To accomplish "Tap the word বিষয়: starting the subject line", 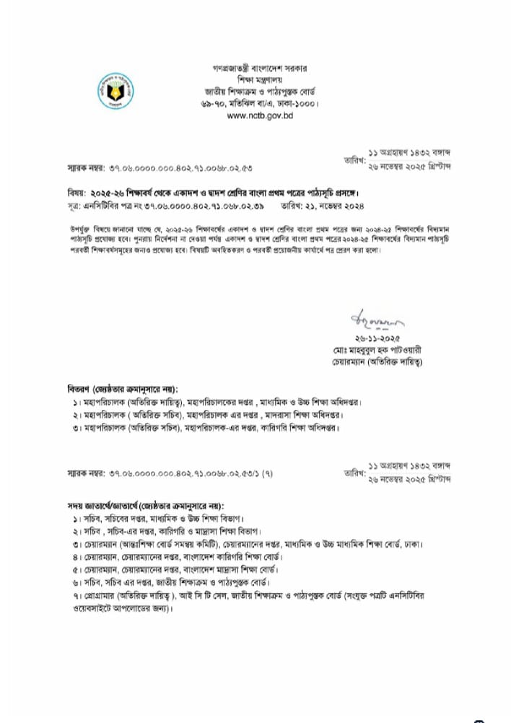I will pyautogui.click(x=74, y=193).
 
